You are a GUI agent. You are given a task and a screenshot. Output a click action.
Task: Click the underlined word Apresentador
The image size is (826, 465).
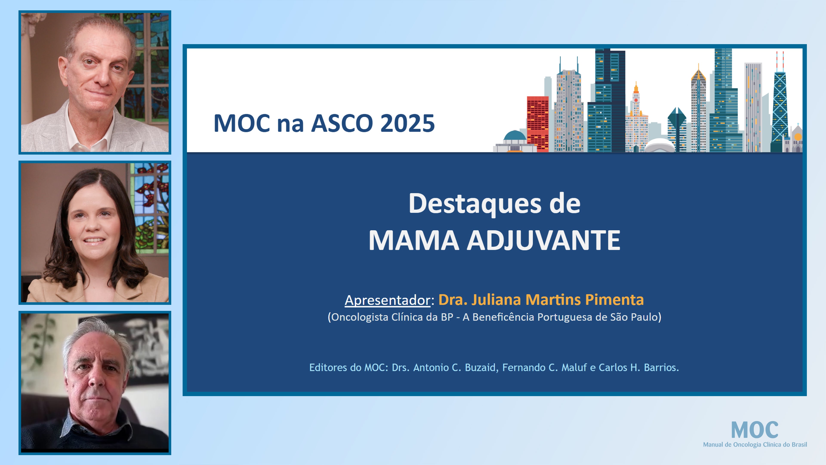coord(387,300)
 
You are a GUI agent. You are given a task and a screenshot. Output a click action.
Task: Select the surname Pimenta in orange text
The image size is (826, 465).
coord(614,299)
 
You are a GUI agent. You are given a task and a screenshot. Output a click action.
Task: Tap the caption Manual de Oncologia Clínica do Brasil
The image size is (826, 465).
coord(755,445)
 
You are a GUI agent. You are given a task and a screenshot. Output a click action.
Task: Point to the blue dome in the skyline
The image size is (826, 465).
coord(515,135)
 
